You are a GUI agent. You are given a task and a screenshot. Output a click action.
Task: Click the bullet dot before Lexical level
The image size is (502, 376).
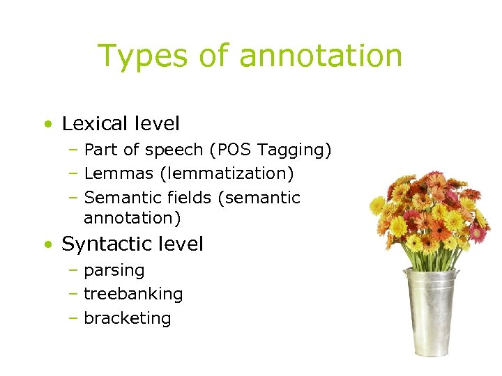[46, 125]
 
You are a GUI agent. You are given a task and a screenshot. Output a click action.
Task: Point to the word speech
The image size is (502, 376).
[174, 150]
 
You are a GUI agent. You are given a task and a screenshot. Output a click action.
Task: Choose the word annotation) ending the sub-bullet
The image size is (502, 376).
[132, 218]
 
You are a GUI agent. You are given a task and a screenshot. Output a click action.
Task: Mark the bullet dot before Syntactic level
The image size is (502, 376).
[46, 245]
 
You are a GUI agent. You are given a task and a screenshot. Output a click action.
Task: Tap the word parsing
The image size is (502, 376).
[114, 271]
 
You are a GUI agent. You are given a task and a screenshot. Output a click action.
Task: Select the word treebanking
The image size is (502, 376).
[133, 294]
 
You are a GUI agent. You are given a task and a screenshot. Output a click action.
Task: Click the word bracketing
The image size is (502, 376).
[127, 318]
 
